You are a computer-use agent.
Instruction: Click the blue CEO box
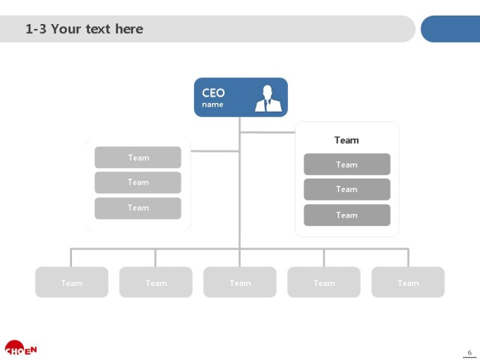tap(241, 97)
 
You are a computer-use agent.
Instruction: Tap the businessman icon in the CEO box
tap(268, 98)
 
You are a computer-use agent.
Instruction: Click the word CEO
tap(213, 92)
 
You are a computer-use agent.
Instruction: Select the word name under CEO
tap(212, 104)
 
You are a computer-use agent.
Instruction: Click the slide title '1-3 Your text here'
tap(84, 29)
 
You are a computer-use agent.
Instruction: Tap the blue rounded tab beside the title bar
tap(450, 29)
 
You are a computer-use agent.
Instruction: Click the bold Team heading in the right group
tap(347, 140)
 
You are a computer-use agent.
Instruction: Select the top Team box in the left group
tap(138, 157)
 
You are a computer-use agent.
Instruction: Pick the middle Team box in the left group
tap(138, 182)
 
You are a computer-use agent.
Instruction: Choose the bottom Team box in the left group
tap(138, 208)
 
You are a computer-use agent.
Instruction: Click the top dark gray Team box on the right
tap(347, 164)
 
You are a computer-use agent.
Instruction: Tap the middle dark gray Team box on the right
tap(347, 189)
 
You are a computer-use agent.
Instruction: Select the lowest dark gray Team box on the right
tap(347, 215)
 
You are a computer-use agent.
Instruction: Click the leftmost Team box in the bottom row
tap(71, 282)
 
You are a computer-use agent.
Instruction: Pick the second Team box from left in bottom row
tap(156, 282)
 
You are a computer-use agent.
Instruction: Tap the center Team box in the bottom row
tap(240, 282)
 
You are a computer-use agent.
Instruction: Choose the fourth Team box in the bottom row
tap(324, 282)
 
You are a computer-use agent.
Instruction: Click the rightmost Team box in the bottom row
tap(408, 282)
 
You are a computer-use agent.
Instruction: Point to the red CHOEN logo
tap(20, 348)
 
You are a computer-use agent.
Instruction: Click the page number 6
tap(469, 353)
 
